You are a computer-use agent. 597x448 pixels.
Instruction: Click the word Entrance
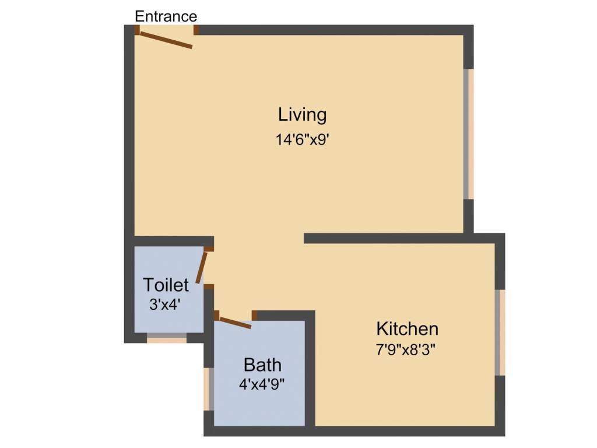pos(166,16)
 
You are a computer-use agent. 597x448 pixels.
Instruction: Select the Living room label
pos(302,114)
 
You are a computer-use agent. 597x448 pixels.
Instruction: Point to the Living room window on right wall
pos(469,134)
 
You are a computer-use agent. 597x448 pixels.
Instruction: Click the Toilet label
pos(166,285)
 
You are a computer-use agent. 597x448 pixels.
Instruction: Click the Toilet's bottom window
pos(166,338)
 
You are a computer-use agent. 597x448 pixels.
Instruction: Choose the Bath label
pos(262,365)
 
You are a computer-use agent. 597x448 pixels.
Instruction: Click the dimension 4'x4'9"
pos(262,384)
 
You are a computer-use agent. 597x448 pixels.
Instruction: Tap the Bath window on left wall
pos(209,389)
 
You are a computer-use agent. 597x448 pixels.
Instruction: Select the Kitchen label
pos(407,329)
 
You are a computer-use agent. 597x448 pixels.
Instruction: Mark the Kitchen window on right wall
pos(500,332)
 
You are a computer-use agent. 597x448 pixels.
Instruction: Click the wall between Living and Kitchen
pos(402,238)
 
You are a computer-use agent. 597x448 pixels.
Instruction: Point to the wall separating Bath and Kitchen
pos(310,373)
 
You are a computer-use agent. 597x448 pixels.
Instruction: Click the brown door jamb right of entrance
pos(196,30)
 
